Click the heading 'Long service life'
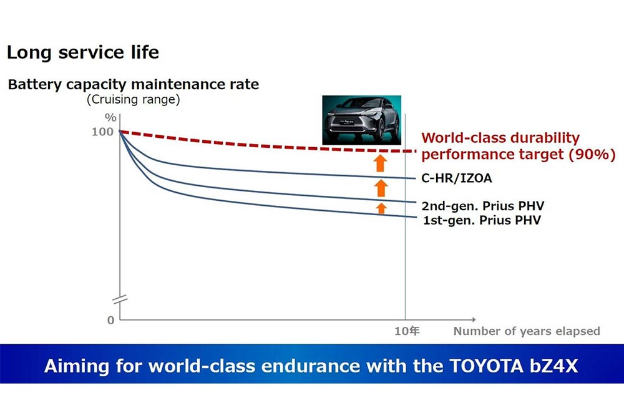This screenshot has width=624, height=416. pos(83,52)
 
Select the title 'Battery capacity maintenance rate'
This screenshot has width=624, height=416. pos(134,84)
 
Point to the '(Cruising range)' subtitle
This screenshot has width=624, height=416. pos(134,100)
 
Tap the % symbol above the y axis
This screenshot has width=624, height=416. pos(111,117)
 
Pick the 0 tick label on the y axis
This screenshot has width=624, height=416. pos(111,320)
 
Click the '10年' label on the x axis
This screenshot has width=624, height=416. pos(406,331)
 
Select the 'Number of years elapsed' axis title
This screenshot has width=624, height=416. pos(527,331)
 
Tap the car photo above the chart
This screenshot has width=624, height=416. pos(361,120)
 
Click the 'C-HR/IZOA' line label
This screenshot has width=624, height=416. pos(456,178)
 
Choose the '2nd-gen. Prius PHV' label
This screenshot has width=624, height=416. pos(479,206)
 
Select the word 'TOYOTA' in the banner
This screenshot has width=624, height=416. pos(479,365)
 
